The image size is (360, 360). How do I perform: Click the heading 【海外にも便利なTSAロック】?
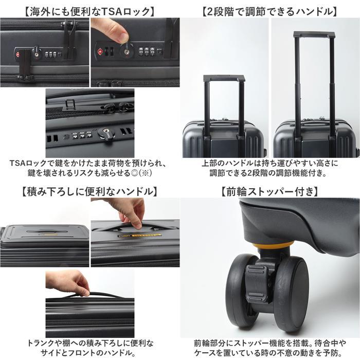click(x=89, y=11)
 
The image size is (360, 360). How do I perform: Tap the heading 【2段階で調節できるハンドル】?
click(x=270, y=11)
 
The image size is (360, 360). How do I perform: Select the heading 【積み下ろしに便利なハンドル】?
click(x=90, y=191)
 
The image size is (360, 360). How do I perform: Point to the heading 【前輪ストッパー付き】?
click(x=270, y=191)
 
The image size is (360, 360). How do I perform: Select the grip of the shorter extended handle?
click(x=224, y=78)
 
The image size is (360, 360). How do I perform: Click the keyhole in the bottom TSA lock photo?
click(x=105, y=131)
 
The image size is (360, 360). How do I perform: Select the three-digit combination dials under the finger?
click(x=146, y=51)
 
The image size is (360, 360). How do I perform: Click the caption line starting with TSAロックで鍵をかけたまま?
click(x=88, y=164)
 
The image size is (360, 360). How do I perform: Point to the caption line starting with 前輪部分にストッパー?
click(x=270, y=343)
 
